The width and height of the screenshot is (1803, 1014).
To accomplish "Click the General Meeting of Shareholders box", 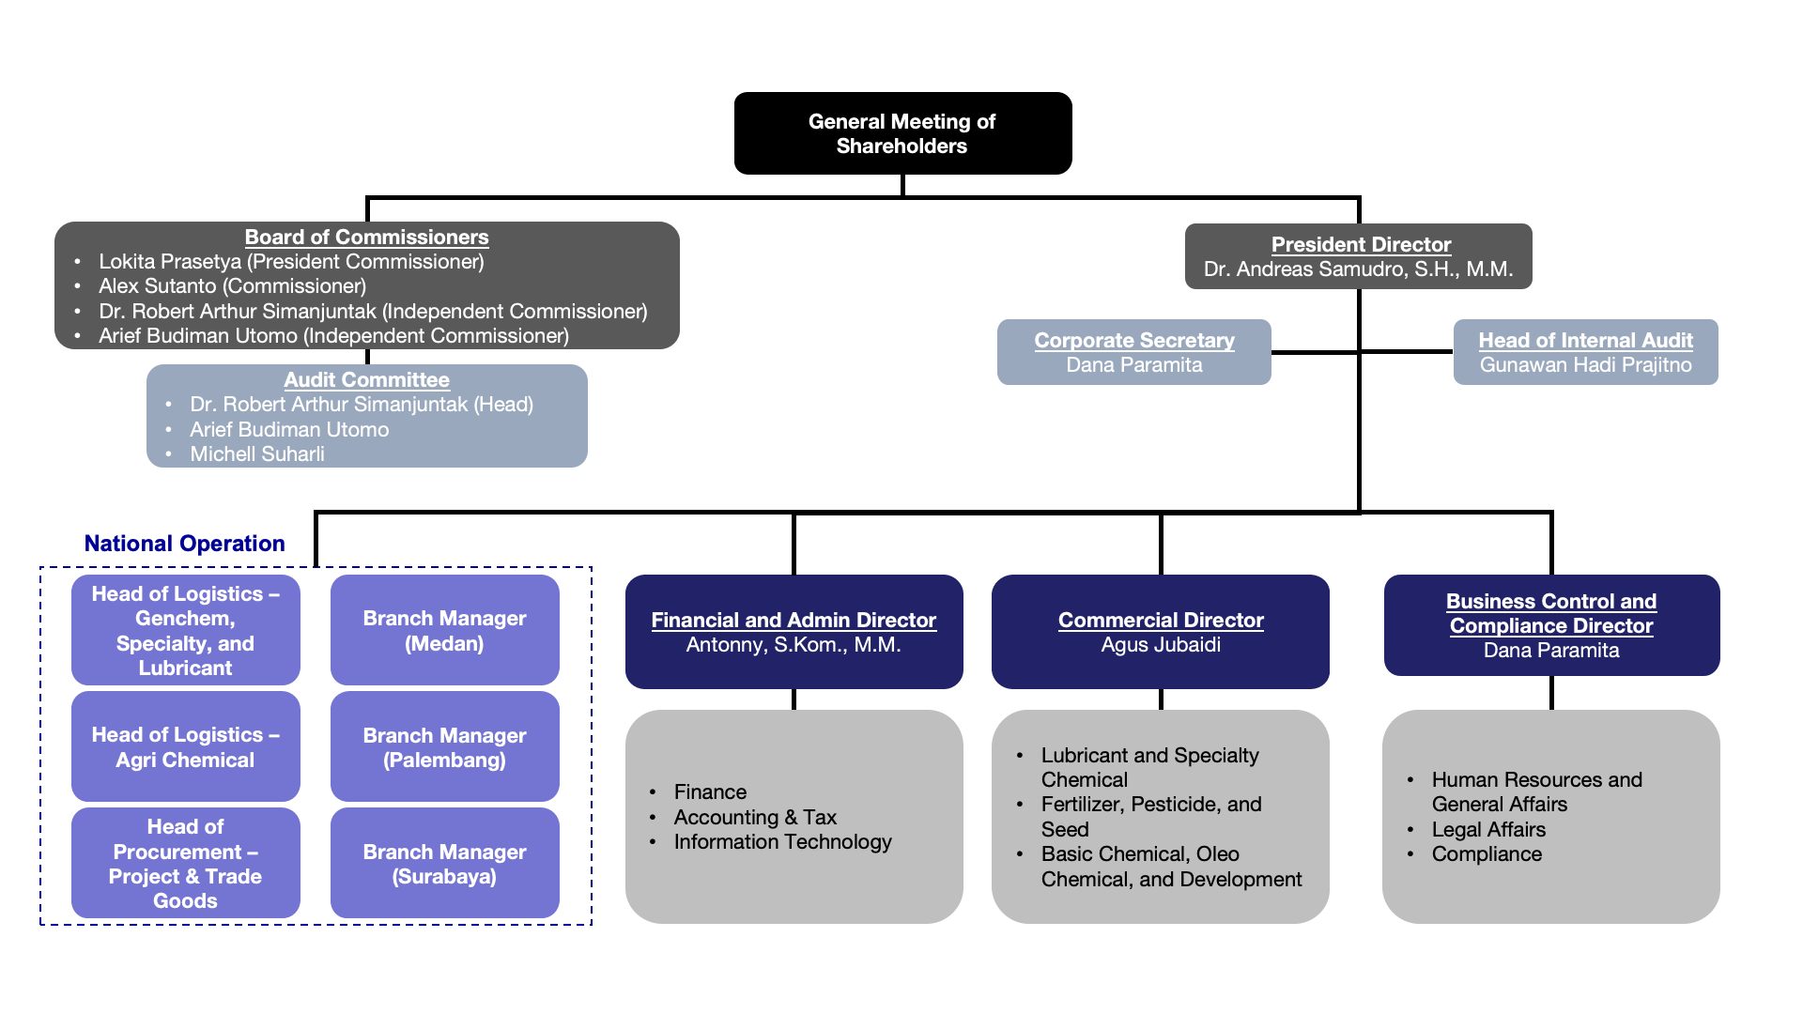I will [x=902, y=133].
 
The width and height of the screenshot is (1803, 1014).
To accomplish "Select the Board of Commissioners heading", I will [x=366, y=238].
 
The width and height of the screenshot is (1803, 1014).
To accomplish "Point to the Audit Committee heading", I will [x=366, y=380].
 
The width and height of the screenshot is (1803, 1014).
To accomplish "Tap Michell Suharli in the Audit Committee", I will [x=257, y=454].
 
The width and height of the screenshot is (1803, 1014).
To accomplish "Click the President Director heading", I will [x=1361, y=245].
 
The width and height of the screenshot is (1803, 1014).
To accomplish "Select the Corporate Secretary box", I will [x=1133, y=352].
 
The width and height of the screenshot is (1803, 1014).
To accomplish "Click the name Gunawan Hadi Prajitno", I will [x=1585, y=365].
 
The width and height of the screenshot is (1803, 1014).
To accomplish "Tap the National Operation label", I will [x=184, y=544].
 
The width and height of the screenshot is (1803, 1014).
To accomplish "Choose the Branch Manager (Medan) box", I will [x=444, y=631].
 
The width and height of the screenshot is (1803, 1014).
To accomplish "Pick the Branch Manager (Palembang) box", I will [x=444, y=747].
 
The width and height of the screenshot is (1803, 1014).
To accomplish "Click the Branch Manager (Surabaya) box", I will [x=444, y=864].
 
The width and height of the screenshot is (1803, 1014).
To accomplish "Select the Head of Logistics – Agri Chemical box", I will [x=185, y=747].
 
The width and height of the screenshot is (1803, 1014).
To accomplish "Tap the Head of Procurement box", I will [x=185, y=864].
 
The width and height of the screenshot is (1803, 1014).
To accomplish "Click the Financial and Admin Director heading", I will [x=794, y=621].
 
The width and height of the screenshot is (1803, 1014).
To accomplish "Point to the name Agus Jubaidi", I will [x=1161, y=645].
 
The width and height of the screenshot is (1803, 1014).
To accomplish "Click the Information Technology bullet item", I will [x=782, y=842].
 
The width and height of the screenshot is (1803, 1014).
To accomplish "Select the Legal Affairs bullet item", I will [x=1488, y=830].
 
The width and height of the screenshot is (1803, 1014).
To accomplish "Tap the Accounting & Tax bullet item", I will [x=755, y=818].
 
